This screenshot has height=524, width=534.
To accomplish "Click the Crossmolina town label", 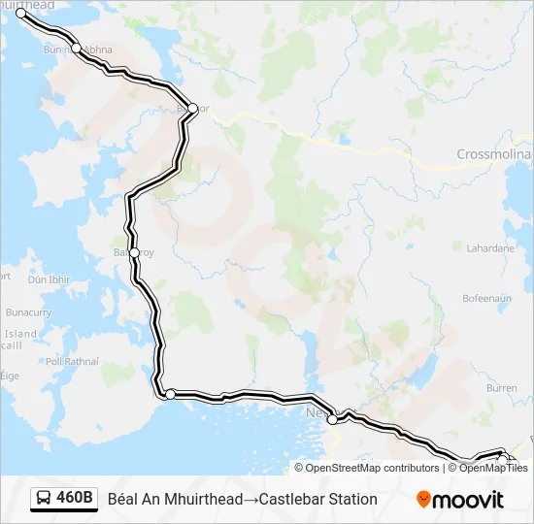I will [x=494, y=155].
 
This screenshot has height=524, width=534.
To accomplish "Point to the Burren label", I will [x=501, y=387].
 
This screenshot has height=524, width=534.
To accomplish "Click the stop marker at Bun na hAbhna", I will [x=77, y=48].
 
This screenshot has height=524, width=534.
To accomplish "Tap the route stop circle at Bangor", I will [x=192, y=108].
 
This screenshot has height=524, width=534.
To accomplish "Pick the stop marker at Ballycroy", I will [x=134, y=252].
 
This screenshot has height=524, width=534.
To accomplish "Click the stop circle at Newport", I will [x=332, y=419].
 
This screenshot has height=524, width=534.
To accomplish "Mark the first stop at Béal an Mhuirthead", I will [x=21, y=13].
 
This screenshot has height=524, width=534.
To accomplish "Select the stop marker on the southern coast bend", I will [x=170, y=394].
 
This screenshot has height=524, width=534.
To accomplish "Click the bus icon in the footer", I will [x=44, y=499].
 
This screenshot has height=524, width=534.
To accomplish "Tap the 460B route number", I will [x=75, y=499].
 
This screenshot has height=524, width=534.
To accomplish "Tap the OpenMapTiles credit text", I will [x=490, y=468].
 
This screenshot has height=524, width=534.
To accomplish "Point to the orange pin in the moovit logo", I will [x=423, y=500].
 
